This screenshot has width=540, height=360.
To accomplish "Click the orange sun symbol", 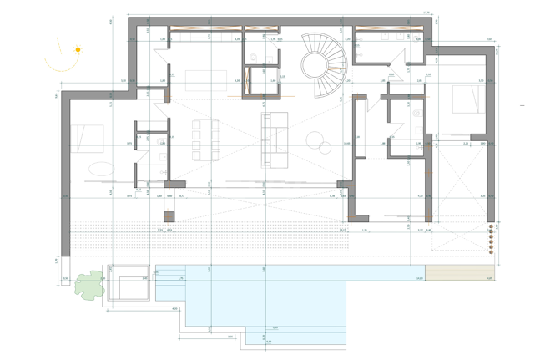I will (78, 50).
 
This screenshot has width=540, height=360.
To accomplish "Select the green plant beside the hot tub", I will (88, 286).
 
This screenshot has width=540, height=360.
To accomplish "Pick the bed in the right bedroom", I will (467, 100).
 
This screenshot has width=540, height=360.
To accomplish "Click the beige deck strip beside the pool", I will (462, 273).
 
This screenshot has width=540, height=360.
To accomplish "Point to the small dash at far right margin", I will (522, 106).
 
